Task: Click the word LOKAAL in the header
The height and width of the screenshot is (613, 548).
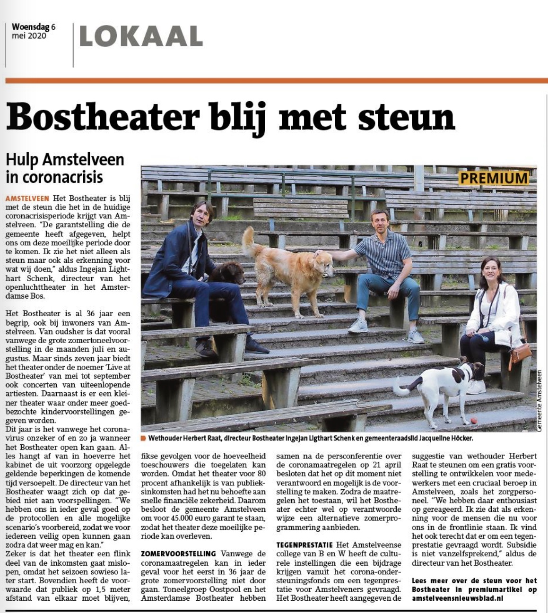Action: [x=141, y=36]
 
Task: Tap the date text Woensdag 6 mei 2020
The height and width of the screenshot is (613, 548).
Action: [x=33, y=31]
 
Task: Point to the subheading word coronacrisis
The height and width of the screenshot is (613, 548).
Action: [x=54, y=177]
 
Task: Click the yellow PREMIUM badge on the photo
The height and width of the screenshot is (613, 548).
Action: [x=494, y=178]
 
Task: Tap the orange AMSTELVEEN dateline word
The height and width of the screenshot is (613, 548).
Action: [x=27, y=199]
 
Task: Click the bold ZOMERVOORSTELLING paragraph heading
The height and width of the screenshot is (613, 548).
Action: [x=178, y=553]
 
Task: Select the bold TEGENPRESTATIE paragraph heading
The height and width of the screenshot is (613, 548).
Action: [x=304, y=545]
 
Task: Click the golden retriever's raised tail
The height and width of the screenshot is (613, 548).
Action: [x=248, y=242]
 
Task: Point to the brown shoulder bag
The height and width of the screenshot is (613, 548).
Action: [x=520, y=353]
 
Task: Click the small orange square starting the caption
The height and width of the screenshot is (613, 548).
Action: [x=143, y=438]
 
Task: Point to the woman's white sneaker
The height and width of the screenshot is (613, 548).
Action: [x=476, y=387]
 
